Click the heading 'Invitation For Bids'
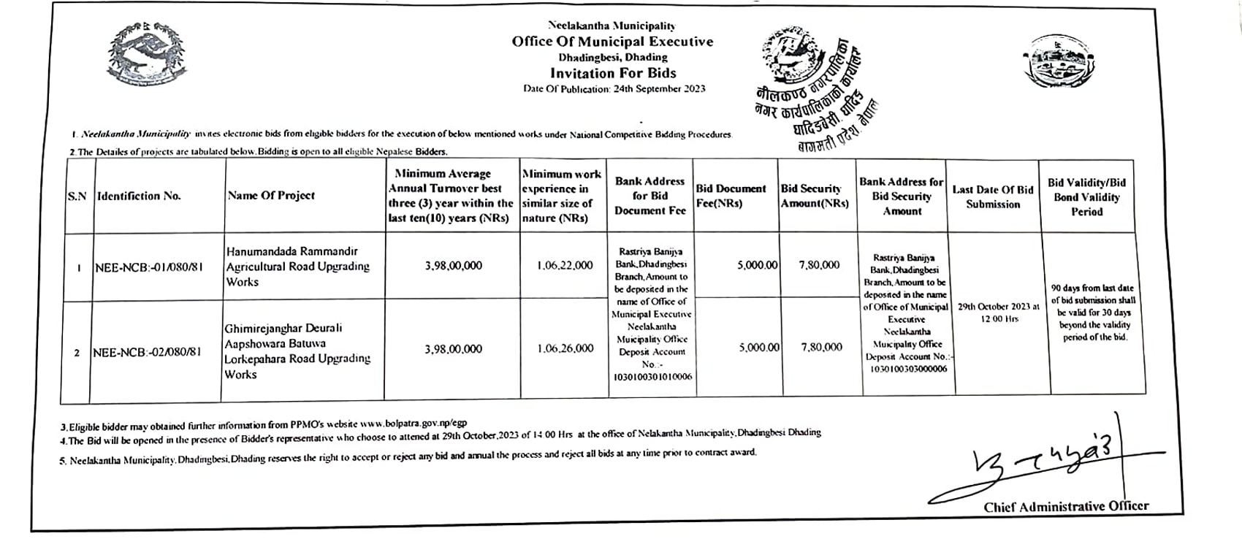[613, 73]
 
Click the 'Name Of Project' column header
[271, 196]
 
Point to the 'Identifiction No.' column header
[139, 196]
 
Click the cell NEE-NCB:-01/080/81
[148, 267]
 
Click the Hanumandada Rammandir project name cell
[297, 267]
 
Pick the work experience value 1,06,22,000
[564, 266]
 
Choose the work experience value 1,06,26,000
[565, 349]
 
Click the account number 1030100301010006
[649, 377]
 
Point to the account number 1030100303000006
[907, 369]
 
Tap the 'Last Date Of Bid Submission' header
[993, 196]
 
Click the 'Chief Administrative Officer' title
[1065, 506]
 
